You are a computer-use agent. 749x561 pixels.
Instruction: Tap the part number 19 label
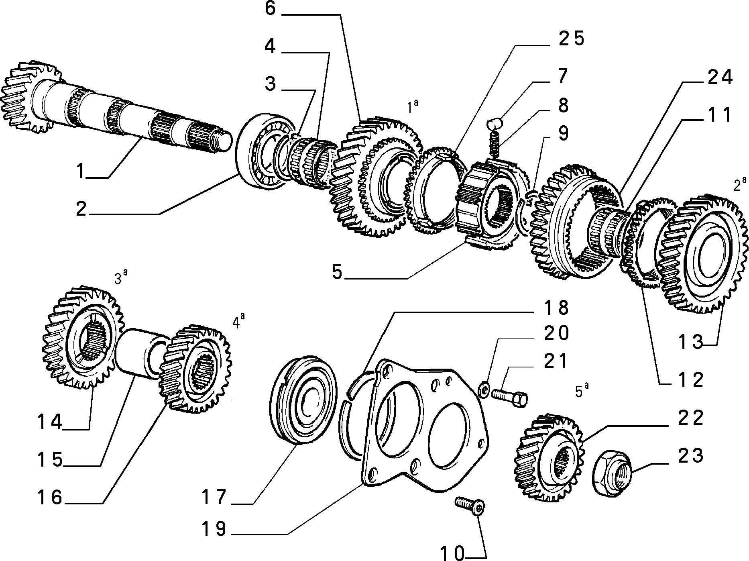point(214,529)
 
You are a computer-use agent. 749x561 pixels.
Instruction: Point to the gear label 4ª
point(239,321)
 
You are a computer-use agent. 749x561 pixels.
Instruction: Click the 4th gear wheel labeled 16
point(195,369)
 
